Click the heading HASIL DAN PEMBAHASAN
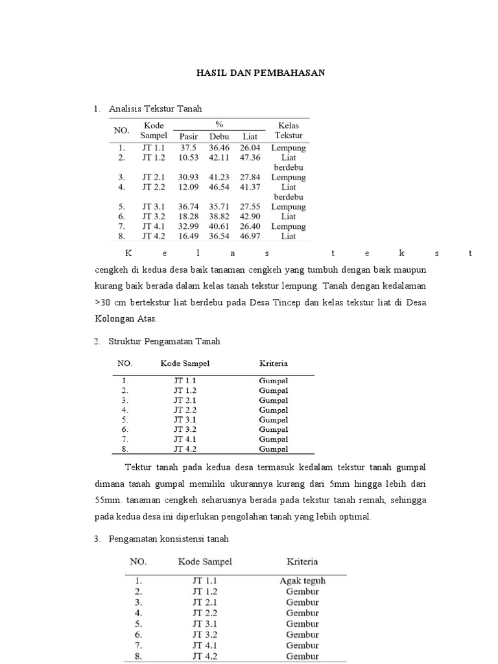pos(261,73)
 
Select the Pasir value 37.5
pos(189,148)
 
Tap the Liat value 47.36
pos(250,157)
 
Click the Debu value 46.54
pos(220,187)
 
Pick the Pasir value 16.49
pos(189,237)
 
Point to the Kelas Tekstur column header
pos(289,130)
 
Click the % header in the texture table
pos(219,124)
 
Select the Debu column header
pos(220,136)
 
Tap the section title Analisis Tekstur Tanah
pos(156,109)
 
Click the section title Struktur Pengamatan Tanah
pos(165,340)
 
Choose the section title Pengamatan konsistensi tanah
pos(169,539)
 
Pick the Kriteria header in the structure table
pos(274,363)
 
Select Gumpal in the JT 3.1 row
pos(274,420)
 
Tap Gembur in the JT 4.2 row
pos(302,656)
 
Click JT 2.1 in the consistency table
pos(205,602)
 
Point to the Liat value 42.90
pos(250,217)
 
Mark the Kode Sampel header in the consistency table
pos(205,562)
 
